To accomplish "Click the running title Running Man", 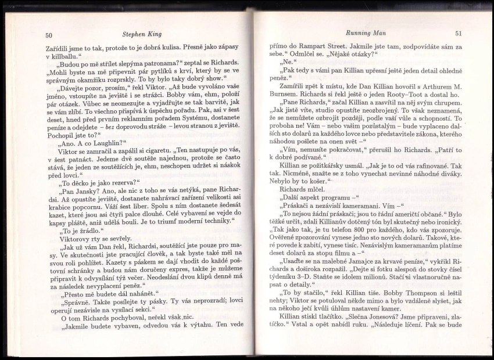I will point(361,33).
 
